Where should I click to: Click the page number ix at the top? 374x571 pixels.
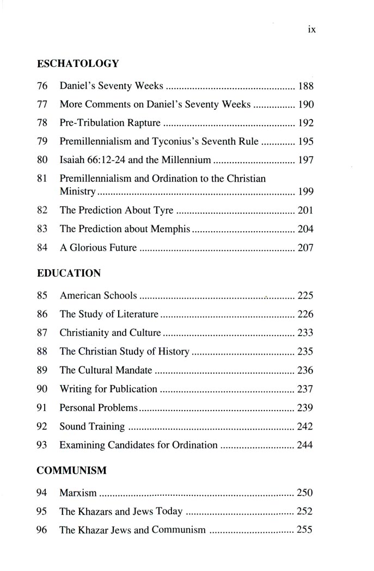[x=311, y=30]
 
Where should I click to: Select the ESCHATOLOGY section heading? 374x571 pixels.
[x=77, y=64]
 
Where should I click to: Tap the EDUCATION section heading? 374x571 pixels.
[x=69, y=274]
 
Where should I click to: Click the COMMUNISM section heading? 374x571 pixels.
[x=71, y=470]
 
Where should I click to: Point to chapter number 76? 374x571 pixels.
[x=42, y=86]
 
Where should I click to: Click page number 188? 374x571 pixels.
[x=306, y=86]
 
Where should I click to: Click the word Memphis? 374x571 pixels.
[x=170, y=229]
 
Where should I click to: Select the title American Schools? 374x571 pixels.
[x=98, y=296]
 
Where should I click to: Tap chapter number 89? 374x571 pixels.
[x=42, y=370]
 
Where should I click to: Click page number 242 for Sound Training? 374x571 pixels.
[x=305, y=426]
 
